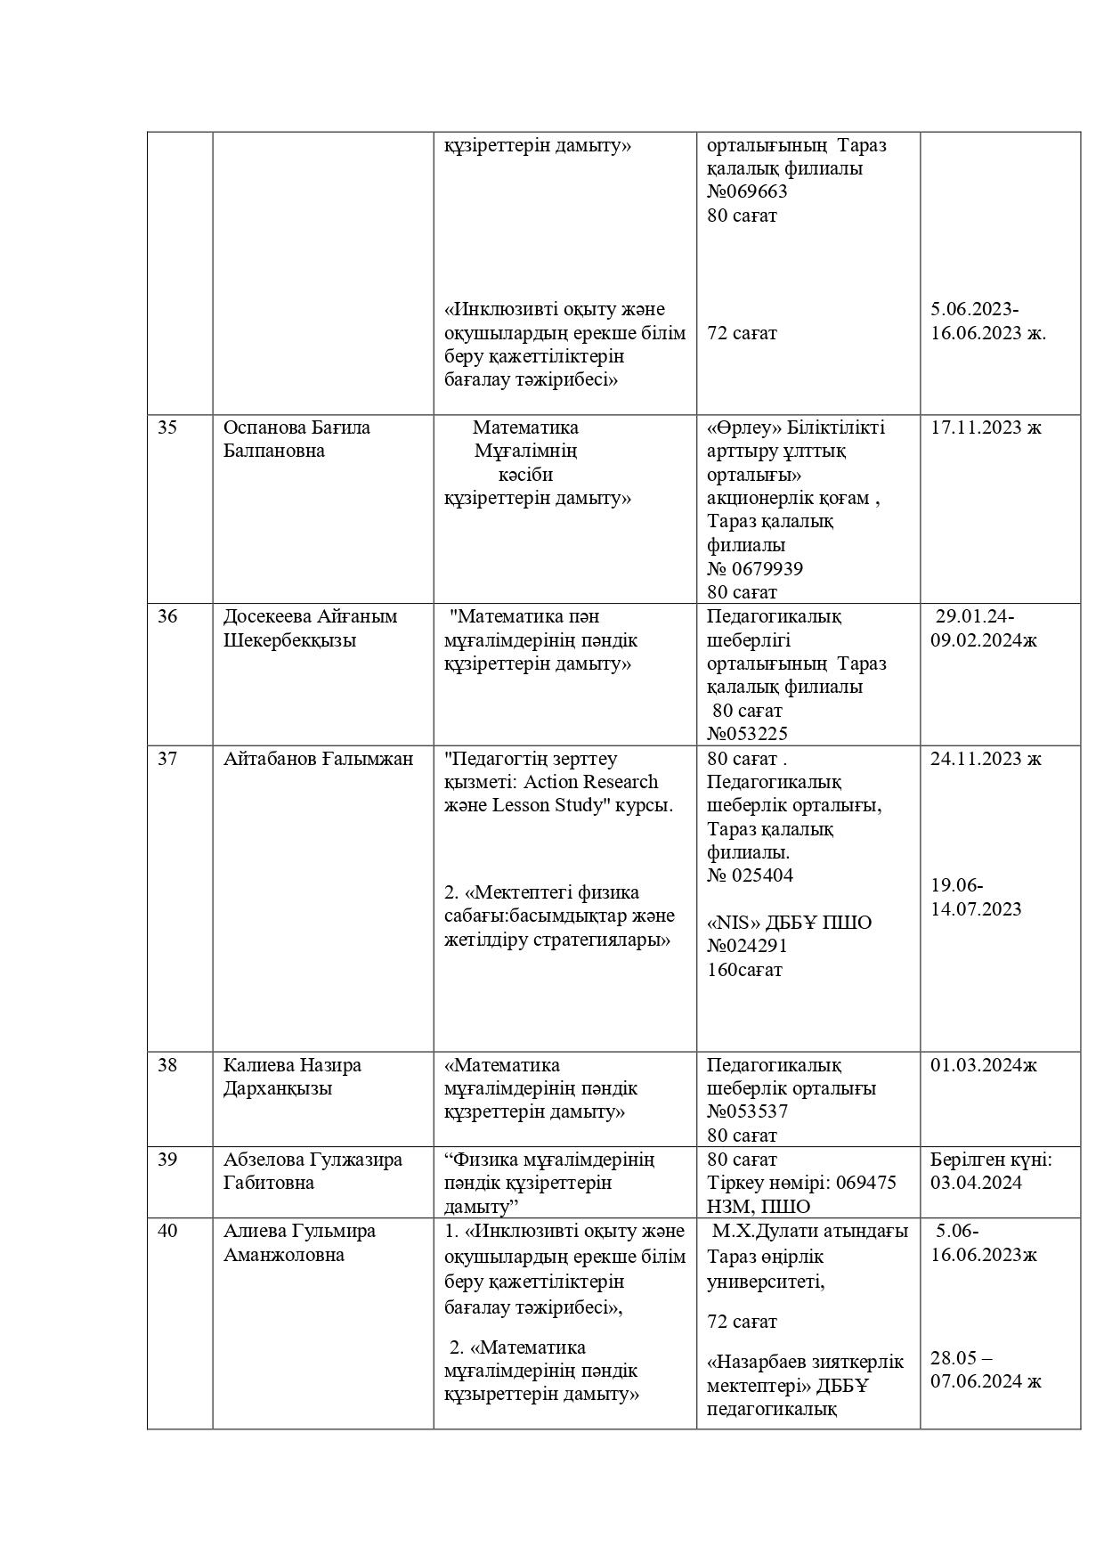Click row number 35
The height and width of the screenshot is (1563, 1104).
point(167,427)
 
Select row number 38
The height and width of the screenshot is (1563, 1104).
point(167,1065)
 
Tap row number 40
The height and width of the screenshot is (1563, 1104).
point(167,1231)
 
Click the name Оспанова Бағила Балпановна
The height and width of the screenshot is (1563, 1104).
point(296,439)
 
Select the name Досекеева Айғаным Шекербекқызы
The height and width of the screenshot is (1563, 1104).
point(310,628)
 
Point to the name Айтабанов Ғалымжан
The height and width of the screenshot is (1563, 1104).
point(318,759)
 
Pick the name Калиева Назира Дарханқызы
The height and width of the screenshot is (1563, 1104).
point(292,1077)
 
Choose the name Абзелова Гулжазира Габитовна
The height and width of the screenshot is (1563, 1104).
point(313,1171)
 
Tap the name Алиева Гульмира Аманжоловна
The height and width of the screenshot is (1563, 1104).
point(299,1242)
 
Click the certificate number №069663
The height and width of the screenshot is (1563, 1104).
point(747,191)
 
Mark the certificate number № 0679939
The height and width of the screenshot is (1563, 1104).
point(755,568)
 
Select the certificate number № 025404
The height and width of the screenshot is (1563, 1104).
point(750,875)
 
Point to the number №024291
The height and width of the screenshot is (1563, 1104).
point(747,946)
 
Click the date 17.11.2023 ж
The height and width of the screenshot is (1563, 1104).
point(986,427)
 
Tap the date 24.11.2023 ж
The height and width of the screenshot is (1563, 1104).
point(986,759)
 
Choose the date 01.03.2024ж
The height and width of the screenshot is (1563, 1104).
point(984,1065)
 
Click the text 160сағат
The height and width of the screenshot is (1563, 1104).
point(744,970)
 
